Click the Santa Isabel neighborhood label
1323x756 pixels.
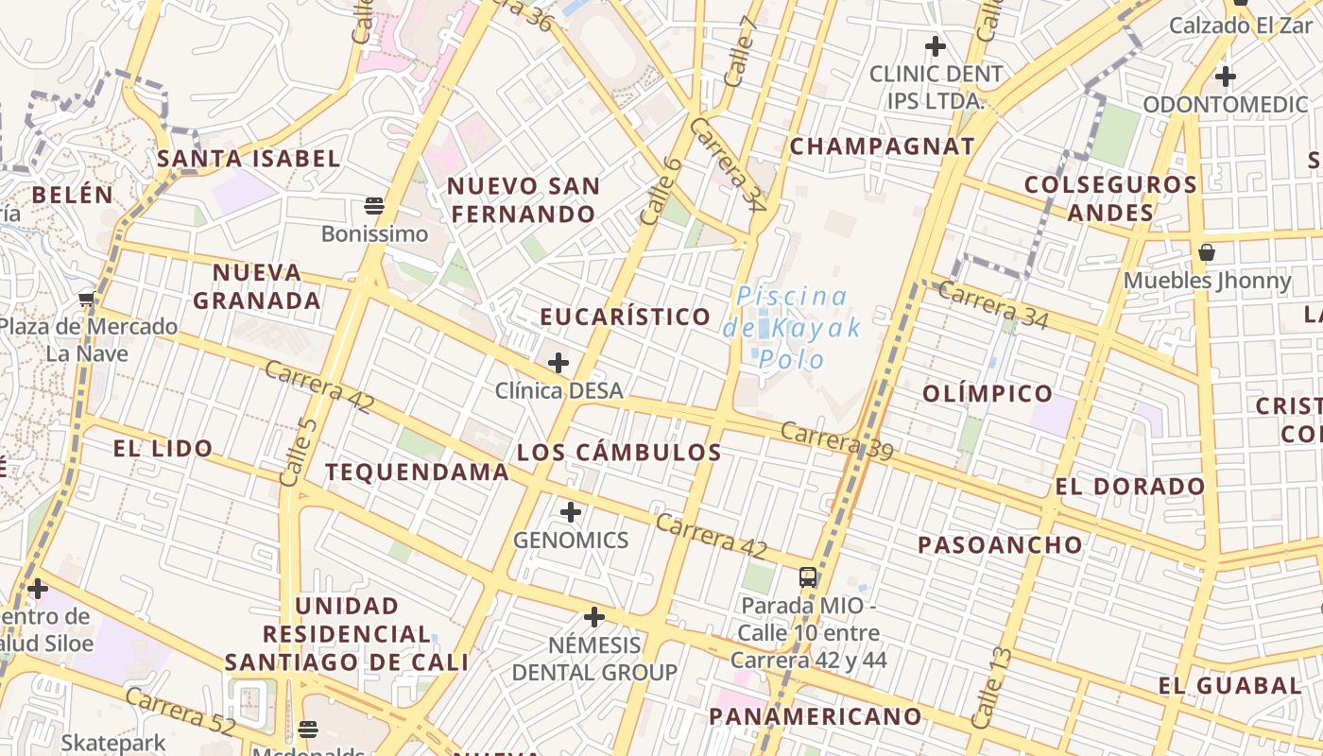pyautogui.click(x=249, y=159)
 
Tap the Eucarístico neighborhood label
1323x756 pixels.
pyautogui.click(x=626, y=317)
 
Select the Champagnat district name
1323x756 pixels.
pyautogui.click(x=882, y=146)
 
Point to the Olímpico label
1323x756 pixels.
pyautogui.click(x=987, y=393)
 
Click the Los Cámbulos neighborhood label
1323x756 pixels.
pyautogui.click(x=619, y=453)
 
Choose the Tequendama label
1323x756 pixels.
pyautogui.click(x=417, y=472)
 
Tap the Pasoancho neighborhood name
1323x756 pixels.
pyautogui.click(x=1000, y=544)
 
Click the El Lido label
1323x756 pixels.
pyautogui.click(x=163, y=449)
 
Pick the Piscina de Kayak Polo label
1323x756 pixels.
pyautogui.click(x=792, y=328)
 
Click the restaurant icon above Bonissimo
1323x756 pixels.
pyautogui.click(x=374, y=205)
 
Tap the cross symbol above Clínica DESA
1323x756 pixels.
pyautogui.click(x=558, y=362)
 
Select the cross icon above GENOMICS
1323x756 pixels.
pyautogui.click(x=570, y=512)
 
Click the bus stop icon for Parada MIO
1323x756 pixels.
pyautogui.click(x=808, y=576)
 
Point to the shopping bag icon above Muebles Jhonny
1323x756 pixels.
pyautogui.click(x=1207, y=252)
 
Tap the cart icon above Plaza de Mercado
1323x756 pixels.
pyautogui.click(x=87, y=300)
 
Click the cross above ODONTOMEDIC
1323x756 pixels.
pyautogui.click(x=1226, y=76)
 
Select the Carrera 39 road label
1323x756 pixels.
pyautogui.click(x=837, y=442)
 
